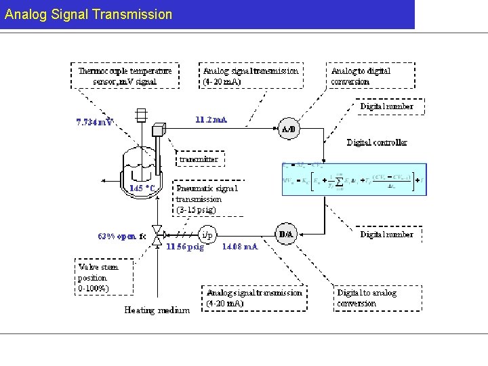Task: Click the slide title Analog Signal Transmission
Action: coord(88,14)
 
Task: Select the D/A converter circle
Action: coord(287,235)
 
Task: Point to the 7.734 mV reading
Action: coord(94,123)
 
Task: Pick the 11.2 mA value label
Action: coord(211,119)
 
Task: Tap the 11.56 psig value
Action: coord(185,247)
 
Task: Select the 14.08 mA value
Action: coord(240,247)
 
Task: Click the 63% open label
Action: coord(122,237)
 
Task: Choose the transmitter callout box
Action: coord(199,159)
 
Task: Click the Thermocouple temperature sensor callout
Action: coord(126,76)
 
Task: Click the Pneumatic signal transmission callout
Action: coord(208,199)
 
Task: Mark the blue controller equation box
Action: coord(354,179)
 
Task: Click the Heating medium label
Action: coord(157,310)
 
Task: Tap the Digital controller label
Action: coord(377,142)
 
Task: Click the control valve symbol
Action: coord(157,235)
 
